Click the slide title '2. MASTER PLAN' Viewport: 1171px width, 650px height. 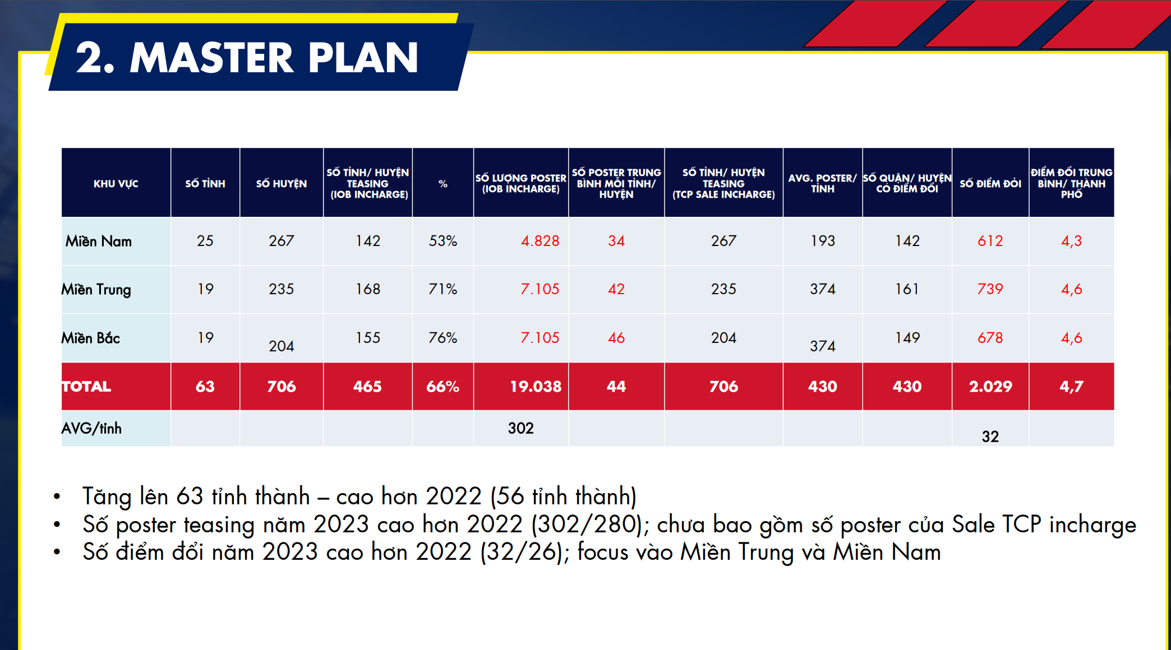247,58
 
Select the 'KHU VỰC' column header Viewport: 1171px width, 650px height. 116,183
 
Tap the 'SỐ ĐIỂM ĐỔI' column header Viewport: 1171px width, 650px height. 990,183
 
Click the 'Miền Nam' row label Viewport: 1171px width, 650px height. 99,241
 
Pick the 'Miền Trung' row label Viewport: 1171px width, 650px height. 96,289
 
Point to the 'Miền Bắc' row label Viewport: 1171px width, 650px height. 90,338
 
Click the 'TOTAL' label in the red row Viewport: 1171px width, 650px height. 86,386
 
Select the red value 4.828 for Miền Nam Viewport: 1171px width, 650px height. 540,241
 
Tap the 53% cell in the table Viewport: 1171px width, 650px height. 443,241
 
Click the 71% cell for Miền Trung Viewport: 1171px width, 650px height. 443,289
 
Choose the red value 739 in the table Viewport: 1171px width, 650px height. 990,289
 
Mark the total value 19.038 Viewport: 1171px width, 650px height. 536,386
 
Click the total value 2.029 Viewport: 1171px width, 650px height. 990,386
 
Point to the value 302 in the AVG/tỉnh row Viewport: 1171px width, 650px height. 521,428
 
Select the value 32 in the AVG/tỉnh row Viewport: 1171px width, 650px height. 990,437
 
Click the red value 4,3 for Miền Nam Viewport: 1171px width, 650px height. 1071,241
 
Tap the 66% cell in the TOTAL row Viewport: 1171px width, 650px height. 443,386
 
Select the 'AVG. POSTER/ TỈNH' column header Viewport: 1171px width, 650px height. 823,183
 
